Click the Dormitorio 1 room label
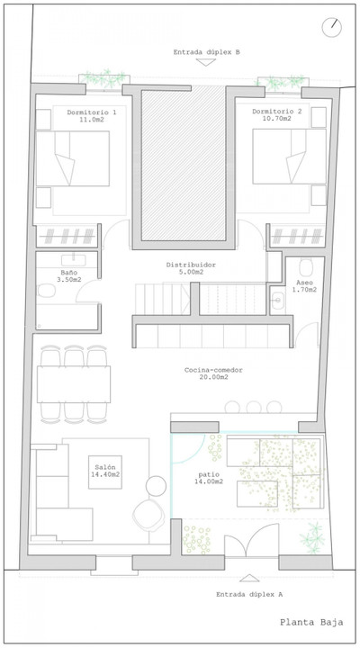pos(91,116)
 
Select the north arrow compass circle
pos(332,27)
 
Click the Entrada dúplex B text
pos(206,52)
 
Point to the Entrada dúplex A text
pos(249,594)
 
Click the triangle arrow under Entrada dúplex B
pos(206,62)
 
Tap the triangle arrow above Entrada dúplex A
pos(249,578)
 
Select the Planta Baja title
pos(311,622)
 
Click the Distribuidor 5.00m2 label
pos(191,268)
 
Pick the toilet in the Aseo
pos(306,268)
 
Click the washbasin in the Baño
pos(74,260)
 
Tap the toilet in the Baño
pos(46,291)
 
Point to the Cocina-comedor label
pos(213,373)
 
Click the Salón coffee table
pos(105,472)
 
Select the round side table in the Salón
pos(156,486)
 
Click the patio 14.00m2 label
pos(211,478)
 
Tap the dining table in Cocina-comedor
pos(74,384)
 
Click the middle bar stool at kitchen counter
pos(254,408)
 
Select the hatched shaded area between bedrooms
pos(184,163)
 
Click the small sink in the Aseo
pos(277,299)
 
